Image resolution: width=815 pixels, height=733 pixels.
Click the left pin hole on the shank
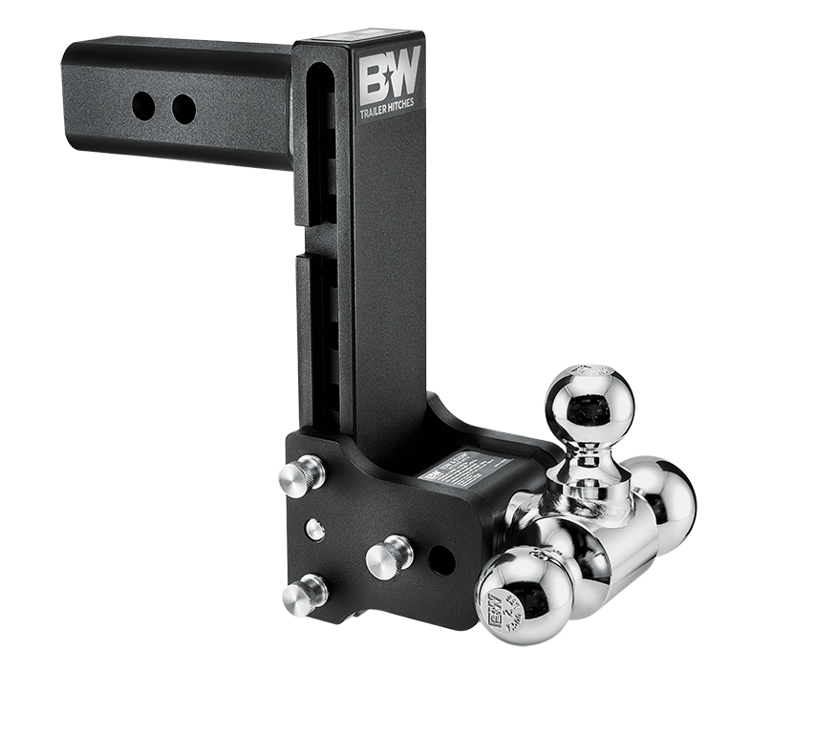pyautogui.click(x=144, y=106)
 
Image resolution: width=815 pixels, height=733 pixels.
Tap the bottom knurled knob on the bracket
pyautogui.click(x=305, y=594)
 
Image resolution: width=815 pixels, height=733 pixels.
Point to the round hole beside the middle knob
pyautogui.click(x=441, y=560)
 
